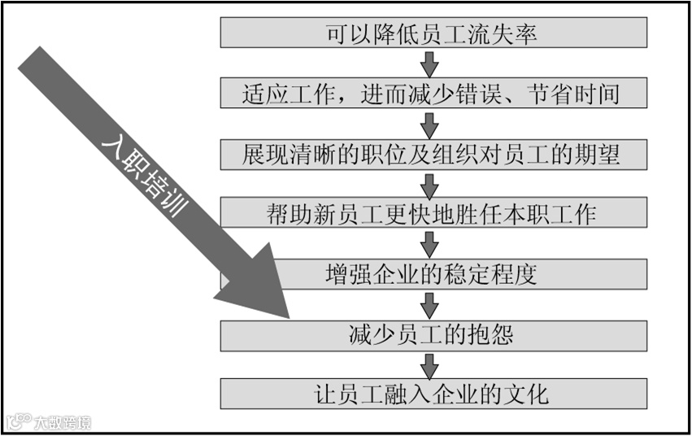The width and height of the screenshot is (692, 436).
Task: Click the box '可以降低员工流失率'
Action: click(x=433, y=33)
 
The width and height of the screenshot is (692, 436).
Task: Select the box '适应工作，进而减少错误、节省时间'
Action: click(x=433, y=93)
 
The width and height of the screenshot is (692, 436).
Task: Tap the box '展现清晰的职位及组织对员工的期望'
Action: click(x=433, y=153)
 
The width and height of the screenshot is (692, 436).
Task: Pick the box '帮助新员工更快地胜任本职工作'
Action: click(x=433, y=213)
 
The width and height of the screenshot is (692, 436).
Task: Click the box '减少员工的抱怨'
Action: click(x=433, y=334)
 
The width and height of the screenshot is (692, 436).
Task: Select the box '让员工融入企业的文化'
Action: click(x=433, y=395)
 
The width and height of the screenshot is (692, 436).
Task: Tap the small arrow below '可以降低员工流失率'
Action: click(x=430, y=63)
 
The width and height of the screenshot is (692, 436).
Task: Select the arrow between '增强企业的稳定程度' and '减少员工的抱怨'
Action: click(x=430, y=304)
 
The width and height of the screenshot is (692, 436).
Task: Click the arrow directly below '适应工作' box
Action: click(x=430, y=123)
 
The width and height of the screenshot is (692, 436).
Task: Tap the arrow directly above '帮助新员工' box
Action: click(x=430, y=183)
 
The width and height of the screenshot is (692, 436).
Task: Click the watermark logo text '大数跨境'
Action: click(x=61, y=422)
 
